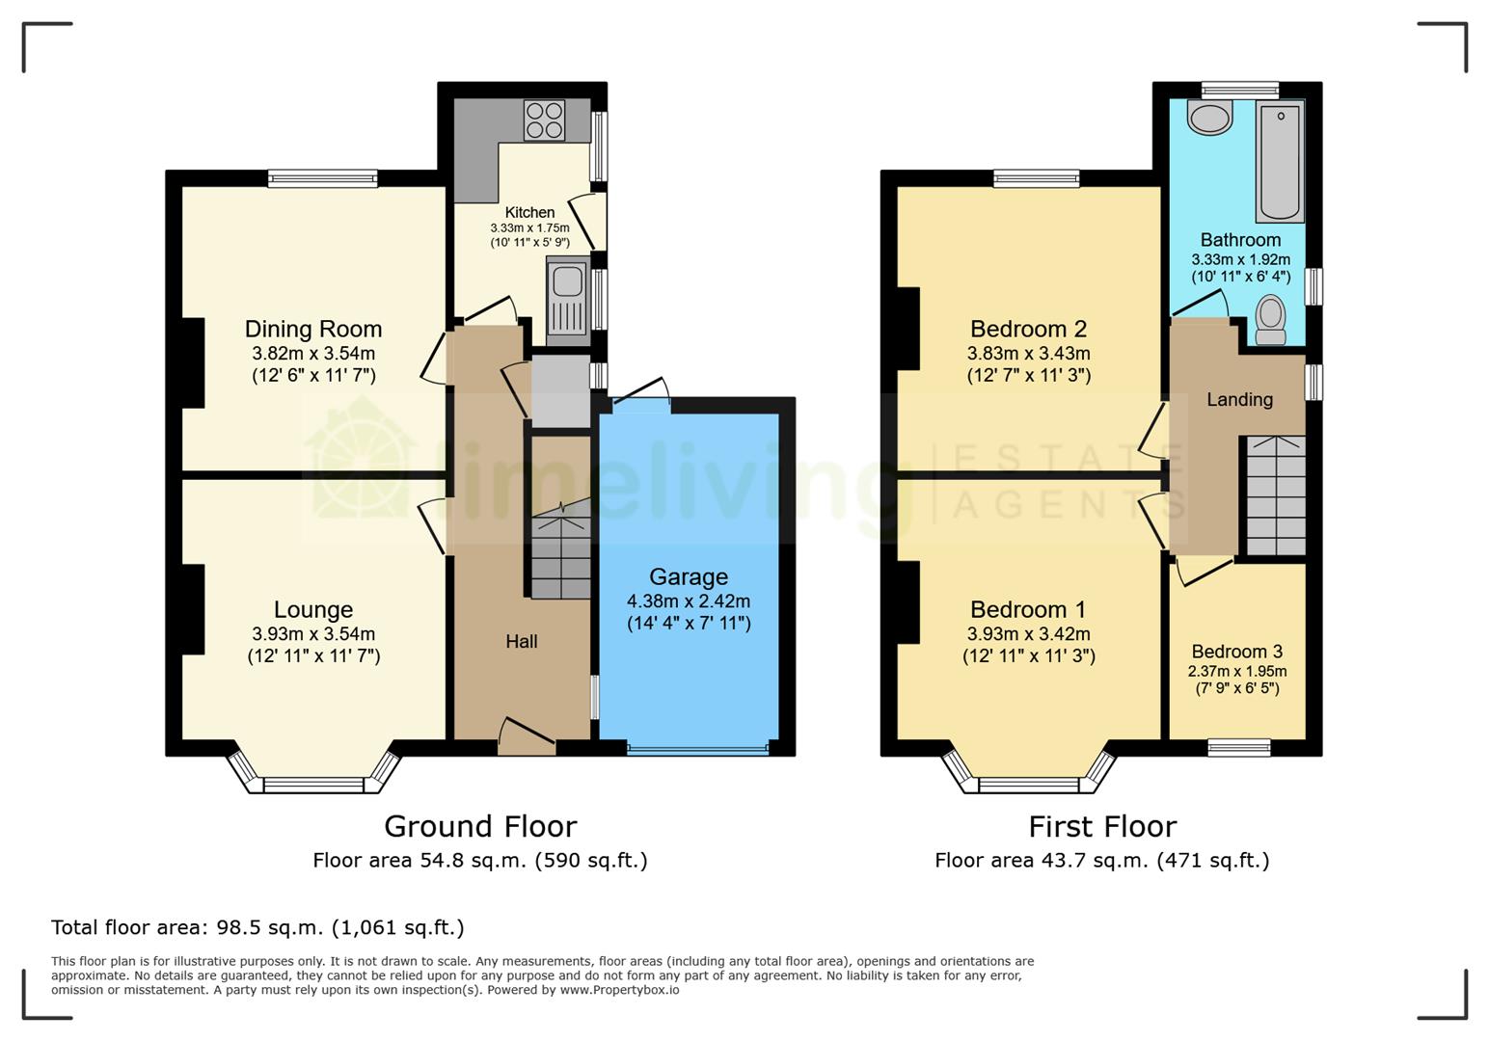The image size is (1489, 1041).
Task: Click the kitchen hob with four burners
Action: (544, 120)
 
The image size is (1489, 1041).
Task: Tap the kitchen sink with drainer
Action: (568, 299)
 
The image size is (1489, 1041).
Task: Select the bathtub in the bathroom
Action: (1280, 163)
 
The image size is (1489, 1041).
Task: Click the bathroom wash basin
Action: (1209, 119)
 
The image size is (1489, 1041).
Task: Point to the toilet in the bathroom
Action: (1271, 321)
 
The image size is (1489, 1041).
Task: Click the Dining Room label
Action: (312, 330)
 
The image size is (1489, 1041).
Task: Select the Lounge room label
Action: (312, 610)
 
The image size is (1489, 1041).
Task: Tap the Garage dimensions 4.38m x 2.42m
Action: (688, 601)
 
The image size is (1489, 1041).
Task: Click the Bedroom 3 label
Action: (1236, 652)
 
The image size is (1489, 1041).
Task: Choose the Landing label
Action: (1239, 399)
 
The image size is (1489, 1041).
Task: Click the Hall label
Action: (522, 642)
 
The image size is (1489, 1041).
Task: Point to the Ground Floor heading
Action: (480, 827)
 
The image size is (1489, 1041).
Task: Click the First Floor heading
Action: (1102, 827)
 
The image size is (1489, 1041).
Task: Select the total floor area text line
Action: (257, 928)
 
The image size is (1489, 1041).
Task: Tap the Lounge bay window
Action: (313, 783)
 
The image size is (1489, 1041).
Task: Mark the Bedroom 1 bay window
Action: (1028, 783)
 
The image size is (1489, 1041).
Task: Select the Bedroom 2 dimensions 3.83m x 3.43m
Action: (1028, 354)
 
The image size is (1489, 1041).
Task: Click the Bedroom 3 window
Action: (1239, 747)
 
